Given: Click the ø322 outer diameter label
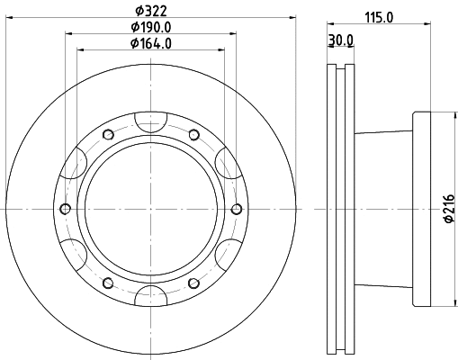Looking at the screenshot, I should [x=149, y=11].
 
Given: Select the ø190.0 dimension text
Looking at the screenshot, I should [x=149, y=27].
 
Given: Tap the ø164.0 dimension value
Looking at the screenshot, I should [x=149, y=42].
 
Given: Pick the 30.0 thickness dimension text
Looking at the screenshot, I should [x=340, y=40].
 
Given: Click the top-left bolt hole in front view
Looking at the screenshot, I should [x=107, y=135].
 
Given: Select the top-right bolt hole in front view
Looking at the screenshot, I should [x=193, y=135].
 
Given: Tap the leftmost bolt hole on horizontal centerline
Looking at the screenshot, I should [x=65, y=209].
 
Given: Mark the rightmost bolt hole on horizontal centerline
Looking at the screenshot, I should [x=236, y=209].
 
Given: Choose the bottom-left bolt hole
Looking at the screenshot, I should [x=107, y=283].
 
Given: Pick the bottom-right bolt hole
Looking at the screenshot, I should [x=193, y=283].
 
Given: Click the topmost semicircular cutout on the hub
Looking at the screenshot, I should [x=150, y=120].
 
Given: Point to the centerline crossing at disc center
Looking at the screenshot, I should [x=150, y=209].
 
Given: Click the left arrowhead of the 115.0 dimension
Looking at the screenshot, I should [x=328, y=24].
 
